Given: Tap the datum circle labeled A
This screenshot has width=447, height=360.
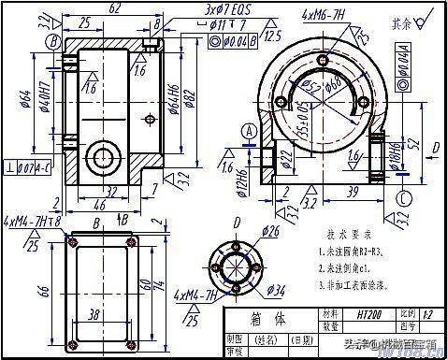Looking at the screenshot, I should point(248,133).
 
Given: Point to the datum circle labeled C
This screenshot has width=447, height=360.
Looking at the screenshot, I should point(401,199).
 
